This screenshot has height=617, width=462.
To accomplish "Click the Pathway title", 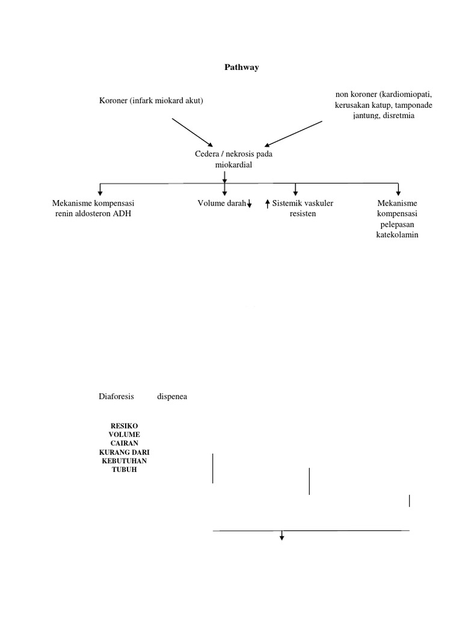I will [241, 67].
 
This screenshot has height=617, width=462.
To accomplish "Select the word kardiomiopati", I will [407, 95].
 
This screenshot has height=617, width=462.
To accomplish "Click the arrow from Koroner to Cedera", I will [192, 133].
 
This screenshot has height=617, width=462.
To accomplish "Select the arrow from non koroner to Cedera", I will [294, 133].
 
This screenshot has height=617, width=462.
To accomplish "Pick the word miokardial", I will [233, 164].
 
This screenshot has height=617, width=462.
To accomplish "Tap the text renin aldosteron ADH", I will [93, 214].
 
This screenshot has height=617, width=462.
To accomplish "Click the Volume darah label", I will [221, 204].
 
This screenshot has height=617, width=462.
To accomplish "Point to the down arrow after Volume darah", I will [249, 205].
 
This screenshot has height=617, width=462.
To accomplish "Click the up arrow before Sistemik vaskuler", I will [267, 205].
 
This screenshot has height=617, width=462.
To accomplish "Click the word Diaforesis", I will [116, 396].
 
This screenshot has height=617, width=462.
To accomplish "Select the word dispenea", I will [172, 396].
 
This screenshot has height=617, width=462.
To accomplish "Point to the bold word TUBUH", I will [124, 469].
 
